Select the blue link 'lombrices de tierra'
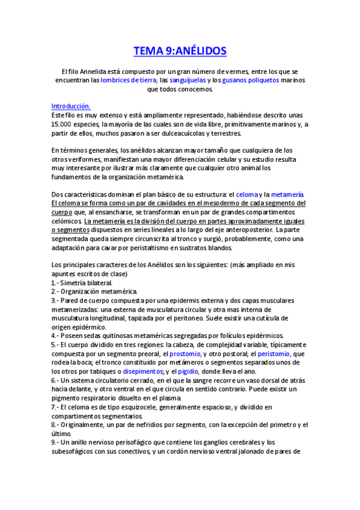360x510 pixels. click(129, 80)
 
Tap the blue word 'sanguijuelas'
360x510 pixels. click(189, 80)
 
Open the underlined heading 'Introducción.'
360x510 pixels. click(71, 106)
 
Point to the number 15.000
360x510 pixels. click(63, 124)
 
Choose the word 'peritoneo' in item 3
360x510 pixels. click(222, 318)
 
